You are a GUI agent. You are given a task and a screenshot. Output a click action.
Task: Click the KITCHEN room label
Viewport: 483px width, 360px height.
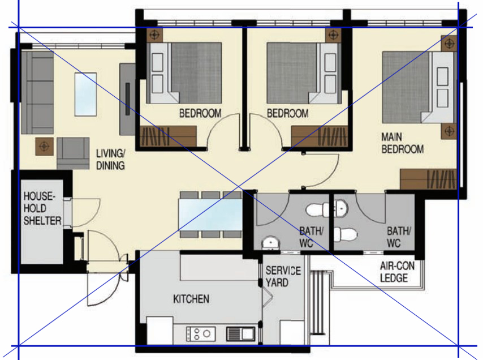(x=191, y=299)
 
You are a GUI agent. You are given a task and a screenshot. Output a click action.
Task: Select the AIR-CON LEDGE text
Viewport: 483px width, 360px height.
(x=397, y=272)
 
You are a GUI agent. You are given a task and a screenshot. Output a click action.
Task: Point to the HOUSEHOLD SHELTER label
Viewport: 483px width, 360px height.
(x=42, y=208)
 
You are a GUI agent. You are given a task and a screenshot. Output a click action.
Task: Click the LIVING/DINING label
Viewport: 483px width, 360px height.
(x=110, y=160)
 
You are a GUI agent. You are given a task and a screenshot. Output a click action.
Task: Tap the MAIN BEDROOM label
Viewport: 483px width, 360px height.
(x=402, y=143)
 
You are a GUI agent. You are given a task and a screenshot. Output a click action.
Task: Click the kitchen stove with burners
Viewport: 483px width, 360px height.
(x=201, y=334)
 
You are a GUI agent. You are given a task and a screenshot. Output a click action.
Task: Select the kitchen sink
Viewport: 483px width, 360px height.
(x=241, y=333)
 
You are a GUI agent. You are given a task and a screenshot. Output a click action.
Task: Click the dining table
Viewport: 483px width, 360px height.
(x=210, y=215)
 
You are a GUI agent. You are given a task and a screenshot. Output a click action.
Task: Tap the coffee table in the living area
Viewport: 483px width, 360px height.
(x=85, y=95)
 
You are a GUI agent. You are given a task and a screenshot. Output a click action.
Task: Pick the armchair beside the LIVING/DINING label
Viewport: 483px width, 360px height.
(x=74, y=153)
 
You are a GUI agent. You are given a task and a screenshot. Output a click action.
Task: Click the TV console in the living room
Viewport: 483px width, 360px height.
(x=127, y=99)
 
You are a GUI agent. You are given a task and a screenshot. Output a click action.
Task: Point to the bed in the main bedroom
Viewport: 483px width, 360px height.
(x=419, y=88)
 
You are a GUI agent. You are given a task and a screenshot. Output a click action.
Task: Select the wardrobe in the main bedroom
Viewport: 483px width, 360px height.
(x=428, y=179)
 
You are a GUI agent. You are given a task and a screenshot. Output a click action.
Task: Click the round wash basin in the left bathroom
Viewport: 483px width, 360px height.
(x=270, y=243)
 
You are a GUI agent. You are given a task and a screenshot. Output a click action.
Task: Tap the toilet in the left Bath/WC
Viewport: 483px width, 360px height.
(x=317, y=210)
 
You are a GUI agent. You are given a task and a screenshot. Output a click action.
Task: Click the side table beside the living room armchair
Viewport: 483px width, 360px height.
(x=44, y=147)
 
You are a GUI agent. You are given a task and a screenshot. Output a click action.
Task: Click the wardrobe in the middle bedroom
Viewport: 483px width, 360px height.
(x=320, y=136)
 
